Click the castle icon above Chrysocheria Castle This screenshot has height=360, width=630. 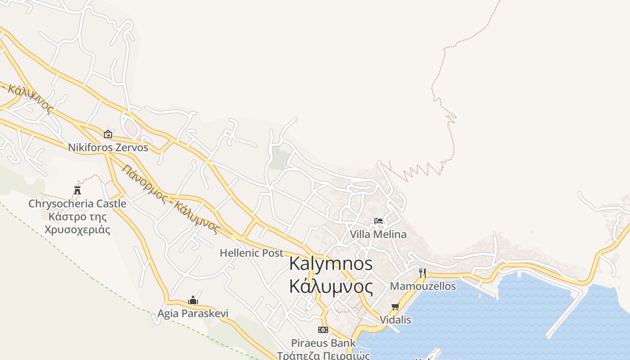click(x=77, y=190)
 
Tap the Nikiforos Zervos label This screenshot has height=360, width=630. click(x=108, y=148)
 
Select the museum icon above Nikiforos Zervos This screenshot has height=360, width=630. click(x=108, y=134)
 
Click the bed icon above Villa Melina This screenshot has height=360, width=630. click(x=378, y=221)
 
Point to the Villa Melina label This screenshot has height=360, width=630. click(x=378, y=234)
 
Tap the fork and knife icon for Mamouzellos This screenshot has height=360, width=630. click(x=422, y=273)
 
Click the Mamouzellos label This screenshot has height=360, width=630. click(x=423, y=286)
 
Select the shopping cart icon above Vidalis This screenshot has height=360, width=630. click(x=395, y=307)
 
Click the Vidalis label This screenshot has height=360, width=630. click(x=395, y=320)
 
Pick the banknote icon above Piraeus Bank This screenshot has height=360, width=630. click(x=323, y=330)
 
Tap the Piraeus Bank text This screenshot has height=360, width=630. click(x=323, y=343)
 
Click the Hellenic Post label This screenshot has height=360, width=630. click(x=252, y=253)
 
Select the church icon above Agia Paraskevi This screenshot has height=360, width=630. click(x=193, y=300)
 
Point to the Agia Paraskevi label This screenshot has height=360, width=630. click(x=193, y=313)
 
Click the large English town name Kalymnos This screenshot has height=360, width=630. click(x=331, y=264)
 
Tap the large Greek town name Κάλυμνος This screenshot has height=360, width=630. click(x=331, y=286)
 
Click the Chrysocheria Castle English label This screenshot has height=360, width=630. click(x=77, y=204)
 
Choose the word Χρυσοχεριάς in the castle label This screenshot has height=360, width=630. click(x=77, y=230)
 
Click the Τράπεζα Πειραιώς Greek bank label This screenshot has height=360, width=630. click(x=323, y=355)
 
